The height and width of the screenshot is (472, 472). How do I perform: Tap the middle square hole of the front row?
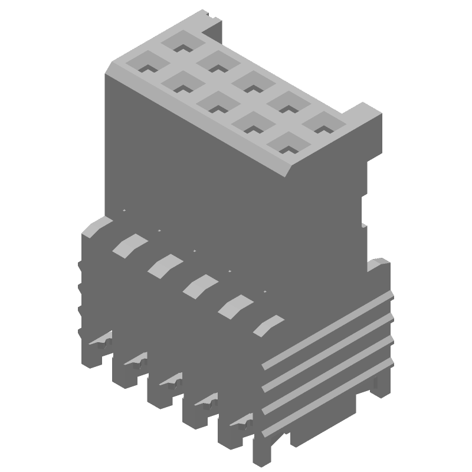tap(216, 101)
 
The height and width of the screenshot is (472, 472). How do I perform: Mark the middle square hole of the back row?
tap(252, 83)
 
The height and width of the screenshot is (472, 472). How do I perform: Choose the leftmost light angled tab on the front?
tap(127, 245)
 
